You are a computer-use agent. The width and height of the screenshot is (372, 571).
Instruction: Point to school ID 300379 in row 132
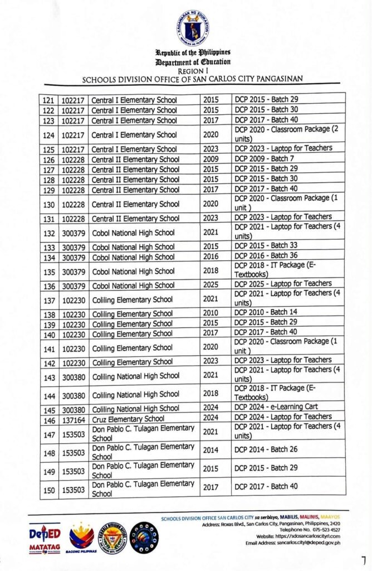(73, 233)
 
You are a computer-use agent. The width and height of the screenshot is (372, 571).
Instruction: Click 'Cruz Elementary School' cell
(128, 419)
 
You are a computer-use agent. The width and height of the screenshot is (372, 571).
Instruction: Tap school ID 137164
(73, 419)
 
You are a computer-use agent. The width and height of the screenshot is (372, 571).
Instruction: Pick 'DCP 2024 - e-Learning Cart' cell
(276, 407)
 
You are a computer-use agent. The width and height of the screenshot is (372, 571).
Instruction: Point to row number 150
(48, 490)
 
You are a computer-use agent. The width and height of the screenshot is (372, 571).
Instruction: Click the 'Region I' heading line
(192, 71)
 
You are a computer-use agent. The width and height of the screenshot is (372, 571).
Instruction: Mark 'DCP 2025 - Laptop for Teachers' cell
(283, 283)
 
